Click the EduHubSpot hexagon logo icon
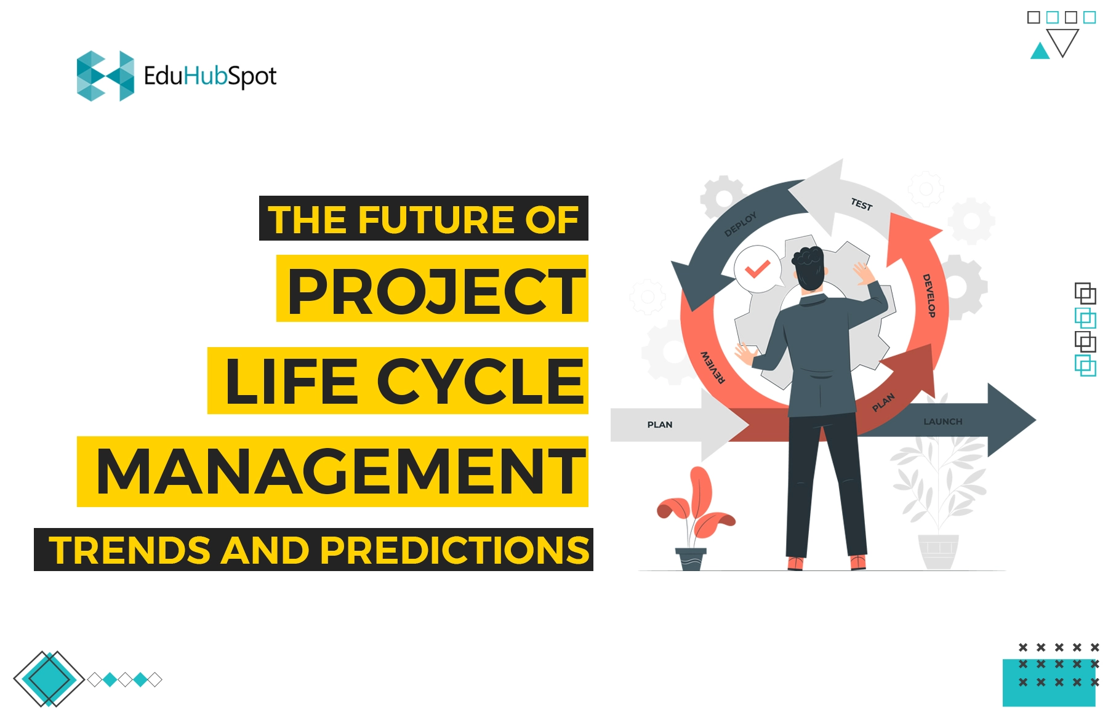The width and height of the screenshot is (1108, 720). coord(105,76)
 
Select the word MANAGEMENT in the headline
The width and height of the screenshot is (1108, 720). coord(341,471)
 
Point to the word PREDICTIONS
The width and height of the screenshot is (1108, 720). coord(455,550)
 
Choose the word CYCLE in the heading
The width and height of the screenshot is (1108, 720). coord(480,382)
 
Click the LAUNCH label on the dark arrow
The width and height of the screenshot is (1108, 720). coord(942,422)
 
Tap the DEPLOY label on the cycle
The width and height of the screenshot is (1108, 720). coord(740,224)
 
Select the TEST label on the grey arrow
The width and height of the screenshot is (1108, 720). coord(862,204)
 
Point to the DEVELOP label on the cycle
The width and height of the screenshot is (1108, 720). coord(929,295)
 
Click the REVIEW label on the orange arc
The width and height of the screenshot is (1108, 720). coord(713,367)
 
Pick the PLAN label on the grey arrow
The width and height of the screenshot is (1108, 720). coord(660,425)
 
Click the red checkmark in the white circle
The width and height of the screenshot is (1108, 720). coord(757,269)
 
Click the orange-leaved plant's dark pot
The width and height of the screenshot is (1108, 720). coord(691,559)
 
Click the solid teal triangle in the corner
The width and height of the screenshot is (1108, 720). coord(1040,51)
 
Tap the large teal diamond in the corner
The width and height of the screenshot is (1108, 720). coord(49,679)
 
